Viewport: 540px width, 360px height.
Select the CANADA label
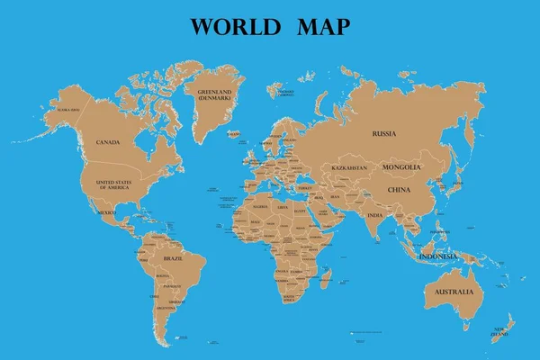tap(109, 141)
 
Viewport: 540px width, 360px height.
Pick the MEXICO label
tap(107, 212)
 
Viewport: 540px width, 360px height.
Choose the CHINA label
tap(399, 190)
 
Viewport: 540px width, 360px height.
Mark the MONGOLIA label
tap(401, 167)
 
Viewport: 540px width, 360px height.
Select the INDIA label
tap(374, 214)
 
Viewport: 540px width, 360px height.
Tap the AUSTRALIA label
tap(454, 292)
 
